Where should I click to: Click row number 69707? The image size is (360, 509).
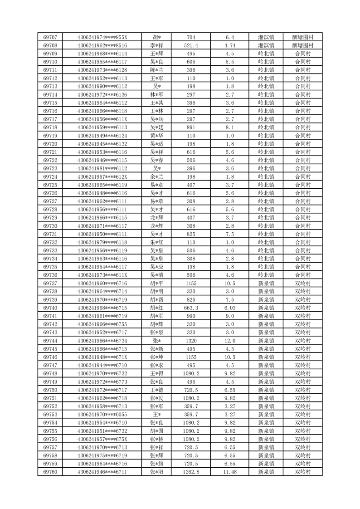click(50, 37)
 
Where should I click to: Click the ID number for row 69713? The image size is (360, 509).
click(102, 87)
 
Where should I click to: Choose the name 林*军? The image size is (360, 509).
click(157, 95)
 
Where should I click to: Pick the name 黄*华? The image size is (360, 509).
click(157, 136)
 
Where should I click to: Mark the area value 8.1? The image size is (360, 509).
click(229, 127)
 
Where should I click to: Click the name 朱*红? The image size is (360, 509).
click(157, 242)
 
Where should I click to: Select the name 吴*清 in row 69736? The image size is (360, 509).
click(157, 275)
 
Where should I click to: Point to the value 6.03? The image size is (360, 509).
click(229, 308)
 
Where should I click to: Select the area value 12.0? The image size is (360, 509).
click(229, 341)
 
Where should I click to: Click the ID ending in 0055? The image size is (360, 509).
click(102, 415)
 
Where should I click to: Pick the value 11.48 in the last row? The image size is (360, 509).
click(229, 472)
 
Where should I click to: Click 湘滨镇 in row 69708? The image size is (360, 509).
click(266, 45)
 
